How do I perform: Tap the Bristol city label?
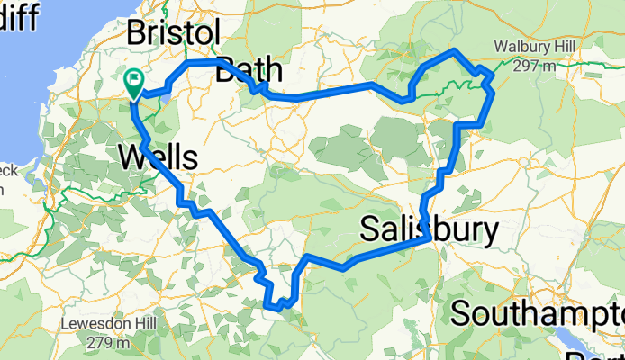173,34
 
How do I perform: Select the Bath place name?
249,70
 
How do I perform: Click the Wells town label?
158,158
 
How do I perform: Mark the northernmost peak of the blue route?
456,50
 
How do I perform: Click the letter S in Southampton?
461,314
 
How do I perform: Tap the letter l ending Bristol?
216,34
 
